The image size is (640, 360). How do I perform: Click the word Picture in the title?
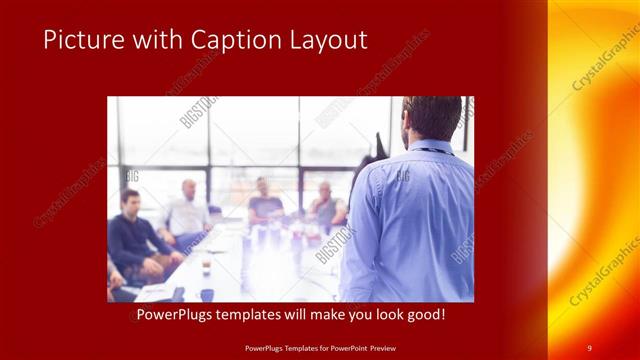click(81, 40)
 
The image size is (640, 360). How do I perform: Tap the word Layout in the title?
click(323, 40)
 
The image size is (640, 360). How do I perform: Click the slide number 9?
click(589, 347)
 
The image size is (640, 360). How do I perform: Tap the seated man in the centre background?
click(264, 200)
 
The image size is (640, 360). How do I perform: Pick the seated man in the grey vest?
click(326, 205)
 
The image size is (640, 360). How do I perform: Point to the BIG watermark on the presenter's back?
click(403, 176)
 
